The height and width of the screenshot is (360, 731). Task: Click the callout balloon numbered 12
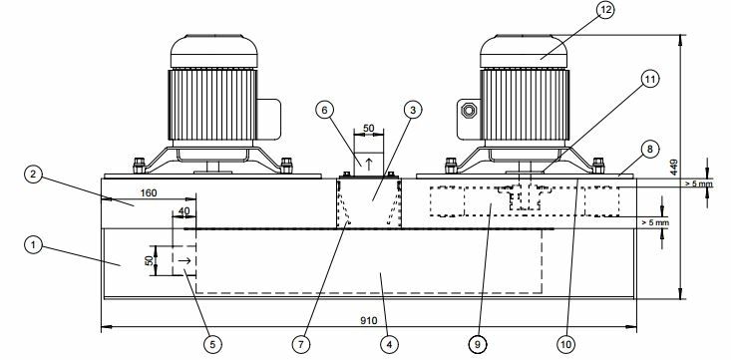[605, 10]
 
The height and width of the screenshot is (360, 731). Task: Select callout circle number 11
[649, 80]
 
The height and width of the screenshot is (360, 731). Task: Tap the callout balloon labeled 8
[650, 150]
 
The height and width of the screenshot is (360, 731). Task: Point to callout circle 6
[324, 110]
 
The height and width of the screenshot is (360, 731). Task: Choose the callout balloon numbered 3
[412, 110]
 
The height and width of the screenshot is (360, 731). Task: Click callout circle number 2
[33, 175]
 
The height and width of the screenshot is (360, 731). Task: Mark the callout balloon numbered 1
[33, 245]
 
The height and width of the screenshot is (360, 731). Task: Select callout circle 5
[212, 345]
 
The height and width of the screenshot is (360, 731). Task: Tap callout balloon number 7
[301, 345]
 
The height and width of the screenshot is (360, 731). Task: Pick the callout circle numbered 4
[389, 345]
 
